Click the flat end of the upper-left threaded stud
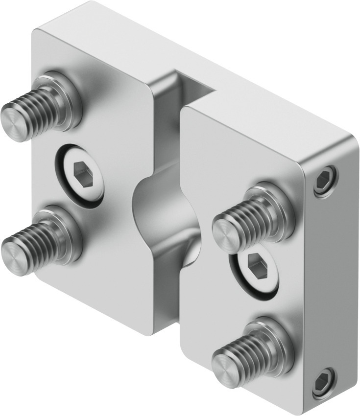pos(13,123)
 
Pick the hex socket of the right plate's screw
pos(255,267)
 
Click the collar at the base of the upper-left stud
pos(66,98)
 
